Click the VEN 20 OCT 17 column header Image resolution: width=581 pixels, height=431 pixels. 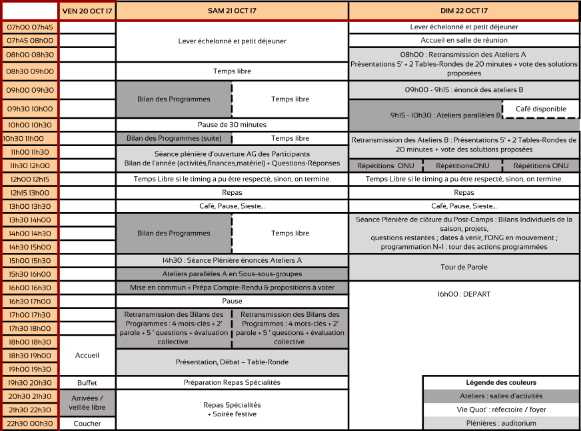[87, 11]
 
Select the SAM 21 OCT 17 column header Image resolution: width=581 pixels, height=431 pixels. [232, 11]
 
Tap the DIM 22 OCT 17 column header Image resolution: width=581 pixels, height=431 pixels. [464, 11]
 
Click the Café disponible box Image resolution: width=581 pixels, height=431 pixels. [540, 109]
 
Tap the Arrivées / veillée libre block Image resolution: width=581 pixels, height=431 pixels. [87, 403]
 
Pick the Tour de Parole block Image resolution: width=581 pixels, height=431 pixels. [464, 267]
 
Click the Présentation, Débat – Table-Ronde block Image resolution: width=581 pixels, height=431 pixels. [232, 362]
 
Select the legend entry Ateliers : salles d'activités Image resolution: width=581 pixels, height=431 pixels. [501, 396]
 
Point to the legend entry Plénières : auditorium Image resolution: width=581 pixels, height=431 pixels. [501, 423]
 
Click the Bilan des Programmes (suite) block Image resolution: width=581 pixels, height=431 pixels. [174, 138]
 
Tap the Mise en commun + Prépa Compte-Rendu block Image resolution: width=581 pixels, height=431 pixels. [232, 288]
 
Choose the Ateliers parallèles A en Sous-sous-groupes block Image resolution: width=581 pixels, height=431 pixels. [232, 274]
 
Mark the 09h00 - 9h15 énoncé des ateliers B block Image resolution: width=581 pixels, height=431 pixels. [464, 89]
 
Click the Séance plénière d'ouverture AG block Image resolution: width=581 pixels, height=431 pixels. [232, 159]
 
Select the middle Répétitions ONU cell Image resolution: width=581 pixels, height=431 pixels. [462, 165]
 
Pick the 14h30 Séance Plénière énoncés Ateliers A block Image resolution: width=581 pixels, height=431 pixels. [232, 260]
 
